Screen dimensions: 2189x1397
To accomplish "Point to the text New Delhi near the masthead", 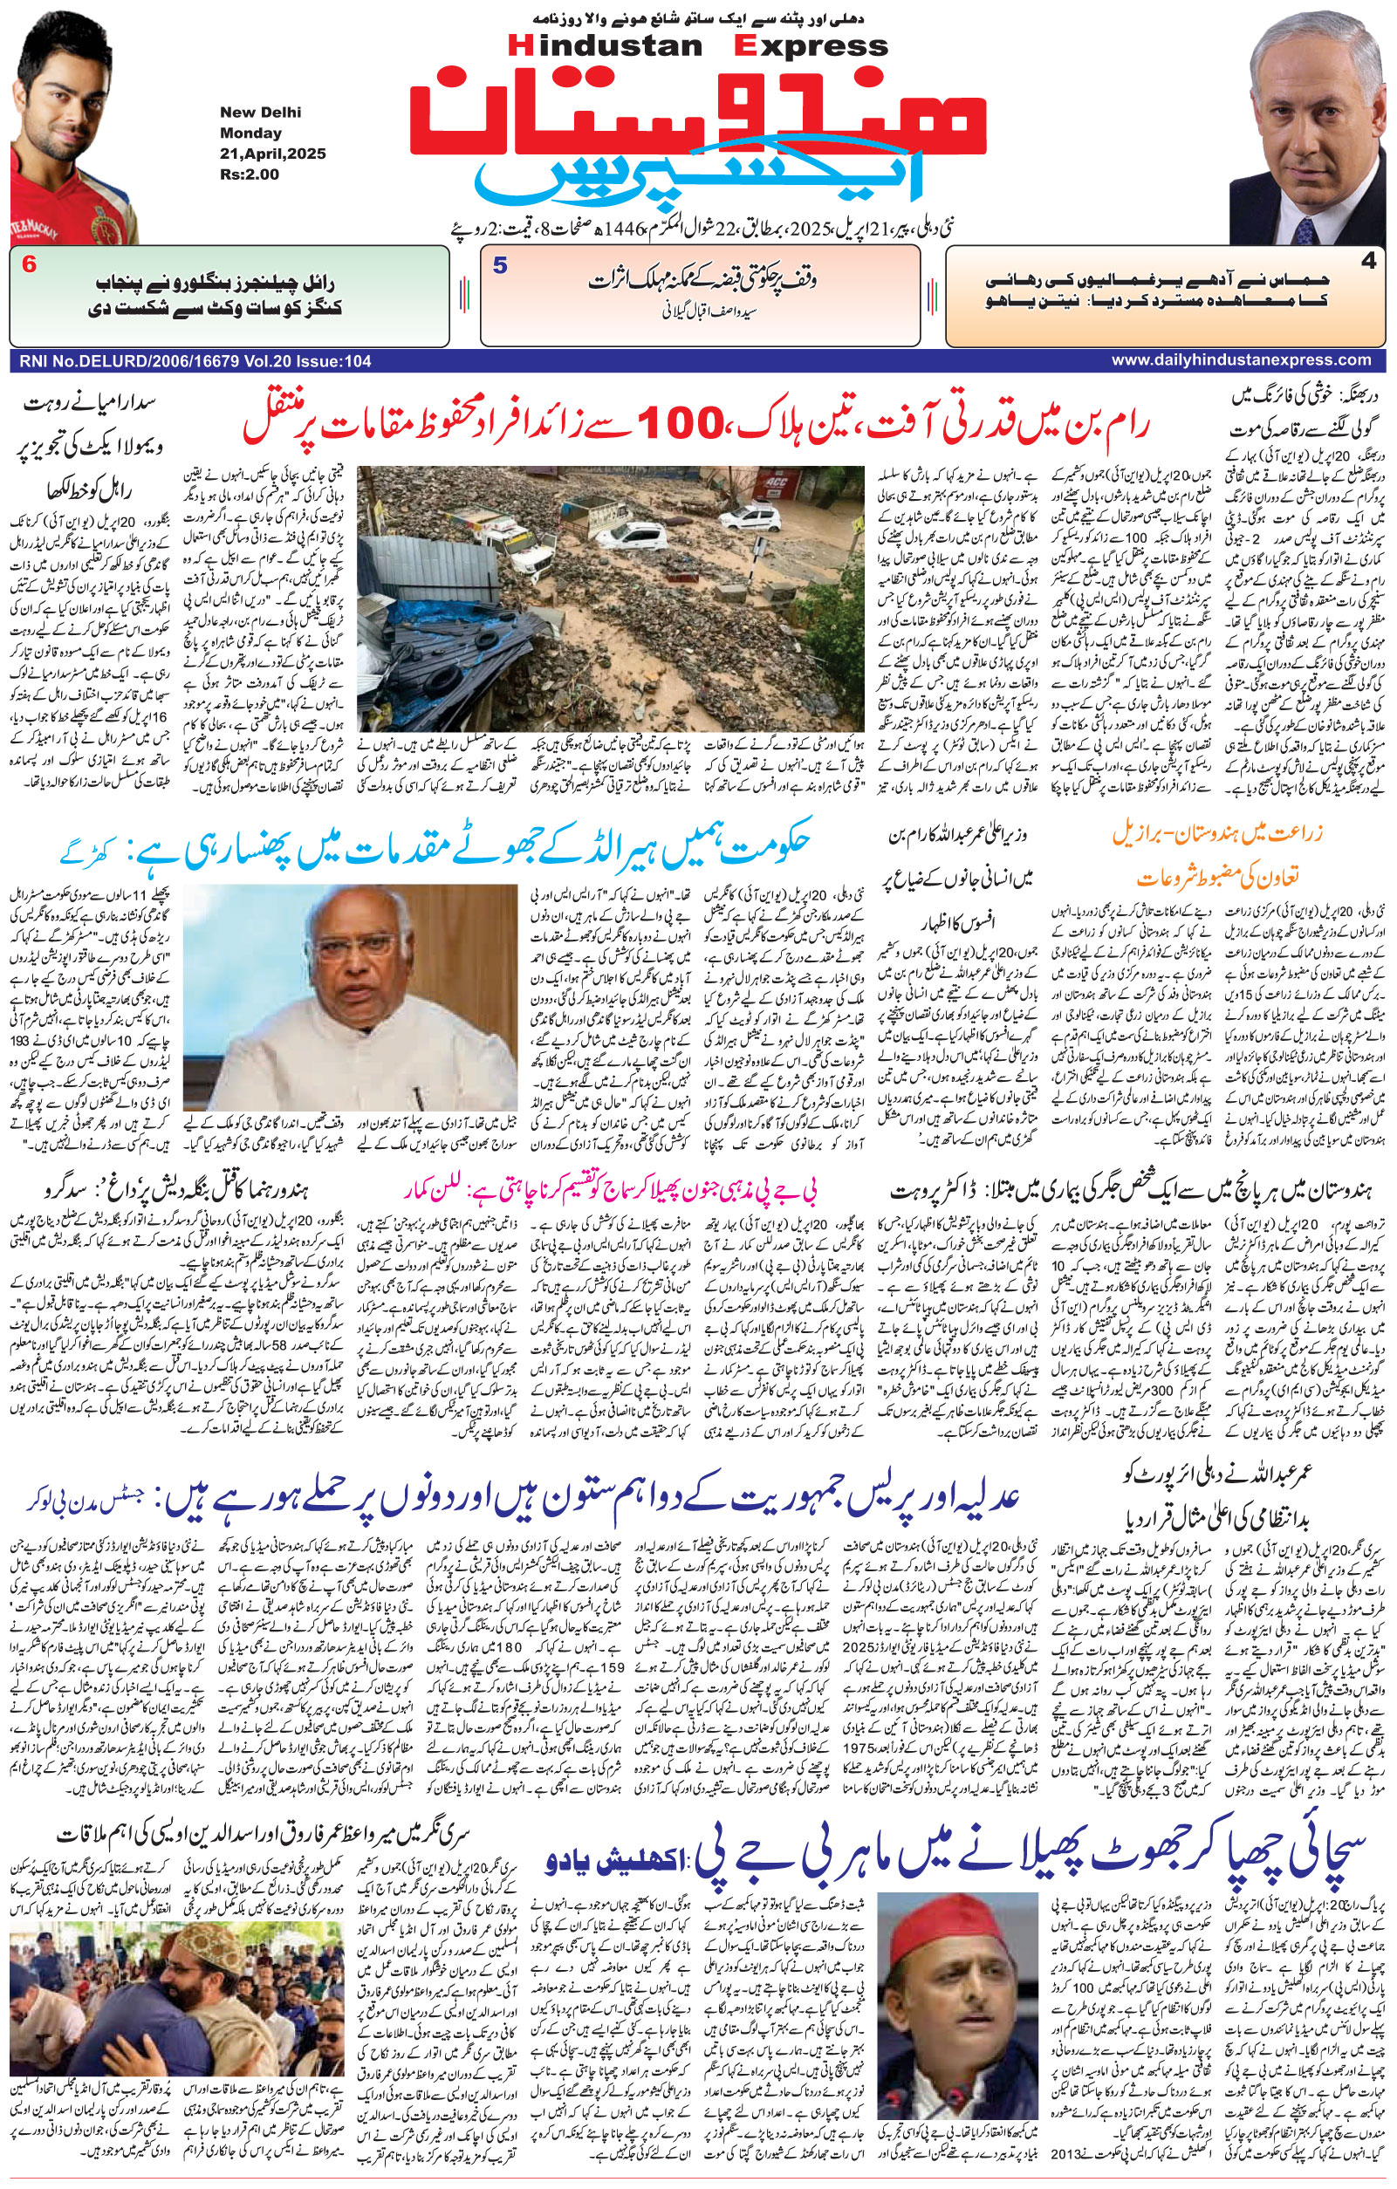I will click(x=260, y=113).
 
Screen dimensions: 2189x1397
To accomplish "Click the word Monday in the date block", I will click(x=250, y=133).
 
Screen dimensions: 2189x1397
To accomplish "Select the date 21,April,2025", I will click(x=271, y=154).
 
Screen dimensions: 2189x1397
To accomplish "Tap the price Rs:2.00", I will click(x=248, y=174).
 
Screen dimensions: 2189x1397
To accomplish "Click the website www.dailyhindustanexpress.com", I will click(x=1246, y=361).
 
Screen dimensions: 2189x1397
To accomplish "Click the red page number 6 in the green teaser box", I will click(x=29, y=265).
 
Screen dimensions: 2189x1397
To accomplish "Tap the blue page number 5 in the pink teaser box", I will click(x=500, y=265).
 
